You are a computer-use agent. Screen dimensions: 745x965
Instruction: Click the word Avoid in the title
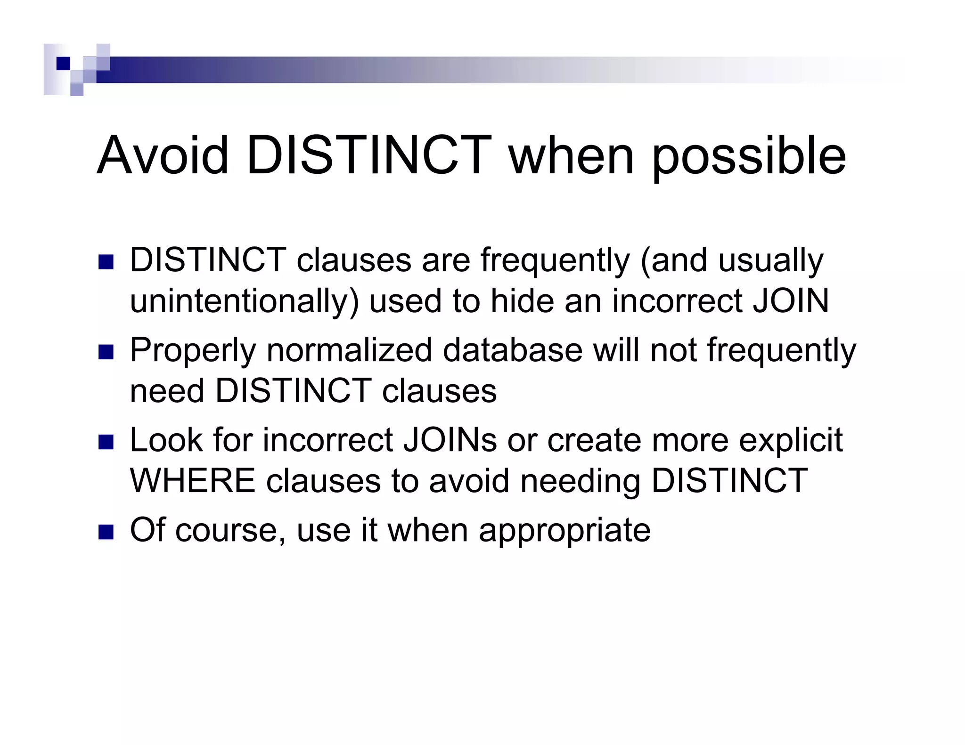point(163,155)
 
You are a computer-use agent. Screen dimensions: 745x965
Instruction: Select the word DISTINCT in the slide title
point(369,155)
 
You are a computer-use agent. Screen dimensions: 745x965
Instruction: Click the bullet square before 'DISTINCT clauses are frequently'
point(106,262)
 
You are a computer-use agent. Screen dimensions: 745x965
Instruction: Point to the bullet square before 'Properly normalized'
point(106,352)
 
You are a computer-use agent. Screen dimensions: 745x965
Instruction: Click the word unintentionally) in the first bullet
point(244,301)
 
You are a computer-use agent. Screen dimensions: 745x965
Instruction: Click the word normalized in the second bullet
point(349,350)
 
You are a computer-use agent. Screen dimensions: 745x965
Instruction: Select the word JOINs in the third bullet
point(450,440)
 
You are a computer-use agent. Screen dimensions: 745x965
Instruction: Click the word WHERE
point(192,481)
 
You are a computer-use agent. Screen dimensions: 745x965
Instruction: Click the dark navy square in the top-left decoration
point(63,63)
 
